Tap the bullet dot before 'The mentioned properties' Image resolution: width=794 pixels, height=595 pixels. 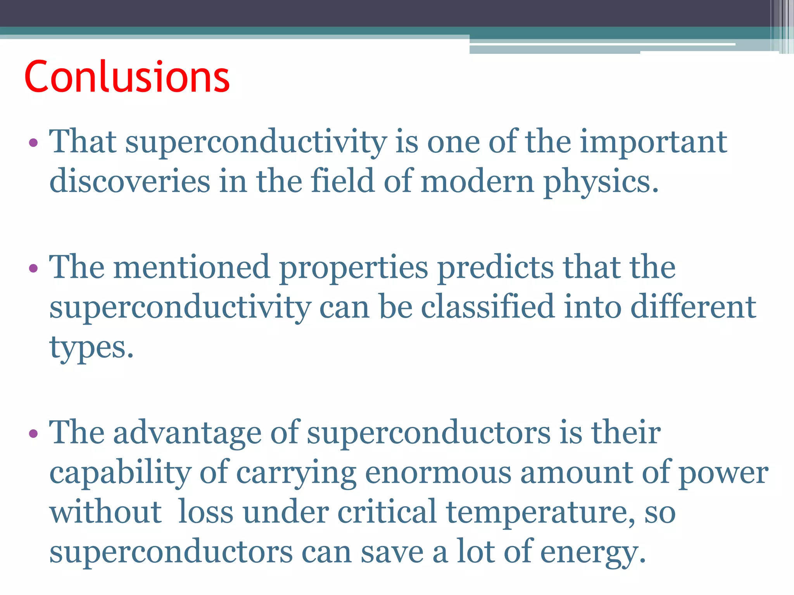tap(33, 268)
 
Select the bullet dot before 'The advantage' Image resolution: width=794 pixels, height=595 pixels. tap(33, 433)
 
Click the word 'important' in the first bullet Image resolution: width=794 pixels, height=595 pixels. tap(653, 142)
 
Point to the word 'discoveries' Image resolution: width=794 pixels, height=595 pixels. tap(130, 181)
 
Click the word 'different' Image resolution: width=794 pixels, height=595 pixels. tap(693, 306)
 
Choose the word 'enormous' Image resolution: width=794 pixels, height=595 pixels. tap(438, 473)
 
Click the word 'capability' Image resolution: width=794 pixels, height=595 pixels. tap(120, 473)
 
